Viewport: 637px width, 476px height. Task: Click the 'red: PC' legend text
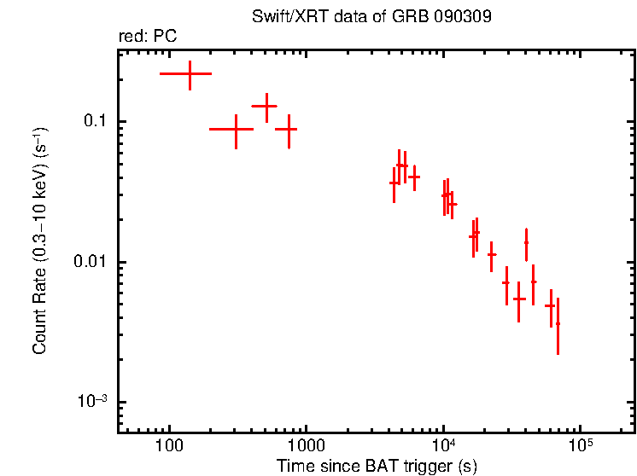point(147,37)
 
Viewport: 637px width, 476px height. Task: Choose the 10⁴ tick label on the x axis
point(443,447)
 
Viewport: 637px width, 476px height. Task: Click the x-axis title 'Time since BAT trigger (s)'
point(376,466)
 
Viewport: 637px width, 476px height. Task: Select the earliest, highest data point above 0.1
point(189,74)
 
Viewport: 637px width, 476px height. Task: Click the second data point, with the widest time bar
point(236,130)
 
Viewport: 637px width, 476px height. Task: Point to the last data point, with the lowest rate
point(558,324)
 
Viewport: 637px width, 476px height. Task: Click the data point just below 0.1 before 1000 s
point(289,130)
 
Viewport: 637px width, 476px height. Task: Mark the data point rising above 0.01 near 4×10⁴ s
point(526,242)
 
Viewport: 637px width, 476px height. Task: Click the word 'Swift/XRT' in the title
point(283,17)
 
